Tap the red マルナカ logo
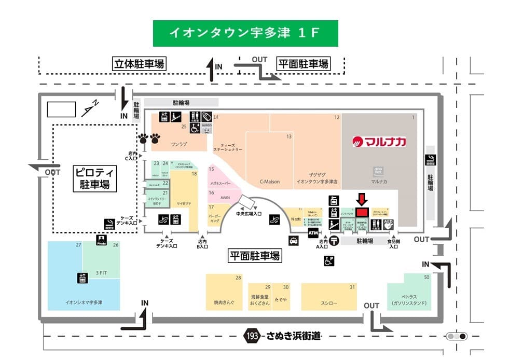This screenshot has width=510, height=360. click(x=379, y=141)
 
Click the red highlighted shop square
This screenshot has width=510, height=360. click(x=362, y=212)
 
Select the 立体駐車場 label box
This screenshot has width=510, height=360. click(x=139, y=64)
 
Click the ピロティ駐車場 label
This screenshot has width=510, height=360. click(x=95, y=178)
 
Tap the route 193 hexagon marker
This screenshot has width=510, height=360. click(x=252, y=336)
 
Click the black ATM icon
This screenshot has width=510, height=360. click(x=313, y=234)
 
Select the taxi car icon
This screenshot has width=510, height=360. click(x=294, y=240)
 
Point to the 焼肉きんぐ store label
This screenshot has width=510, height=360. click(x=224, y=302)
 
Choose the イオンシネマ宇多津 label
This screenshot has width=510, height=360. click(x=83, y=302)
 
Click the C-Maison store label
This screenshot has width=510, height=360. click(x=269, y=182)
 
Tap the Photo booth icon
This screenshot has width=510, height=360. click(x=101, y=240)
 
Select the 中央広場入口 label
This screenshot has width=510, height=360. click(x=249, y=213)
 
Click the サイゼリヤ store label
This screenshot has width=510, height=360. click(x=185, y=204)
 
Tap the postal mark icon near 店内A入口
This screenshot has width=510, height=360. click(x=335, y=240)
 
